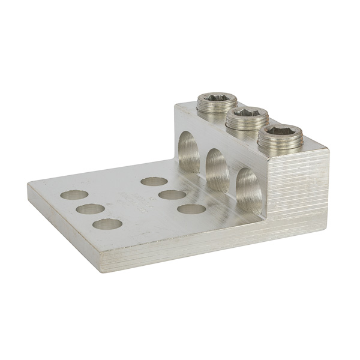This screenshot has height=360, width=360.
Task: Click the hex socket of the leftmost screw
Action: point(214,97)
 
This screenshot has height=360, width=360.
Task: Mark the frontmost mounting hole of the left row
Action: point(107,225)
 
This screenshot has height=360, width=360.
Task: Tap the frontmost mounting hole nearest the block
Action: point(191,209)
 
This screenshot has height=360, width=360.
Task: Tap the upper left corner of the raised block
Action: point(176,106)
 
